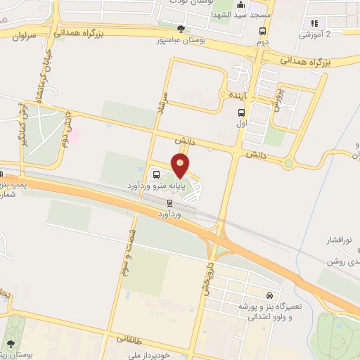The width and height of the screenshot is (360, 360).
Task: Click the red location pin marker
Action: click(x=181, y=165)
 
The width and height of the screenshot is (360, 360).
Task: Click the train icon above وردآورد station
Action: click(x=169, y=202)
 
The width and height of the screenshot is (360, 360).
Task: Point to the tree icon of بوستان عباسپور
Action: click(x=181, y=29)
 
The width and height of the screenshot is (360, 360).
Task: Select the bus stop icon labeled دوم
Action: click(x=262, y=32)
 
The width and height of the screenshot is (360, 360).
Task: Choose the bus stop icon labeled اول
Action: click(x=242, y=112)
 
